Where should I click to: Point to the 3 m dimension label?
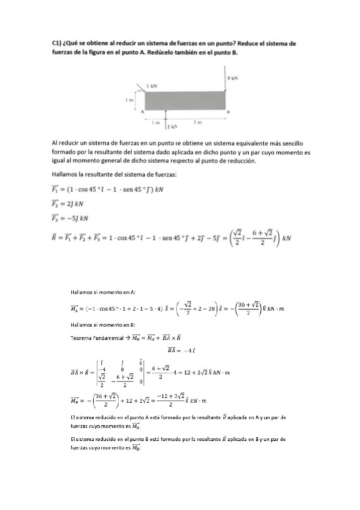point(197,122)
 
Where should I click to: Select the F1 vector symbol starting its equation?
point(56,188)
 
